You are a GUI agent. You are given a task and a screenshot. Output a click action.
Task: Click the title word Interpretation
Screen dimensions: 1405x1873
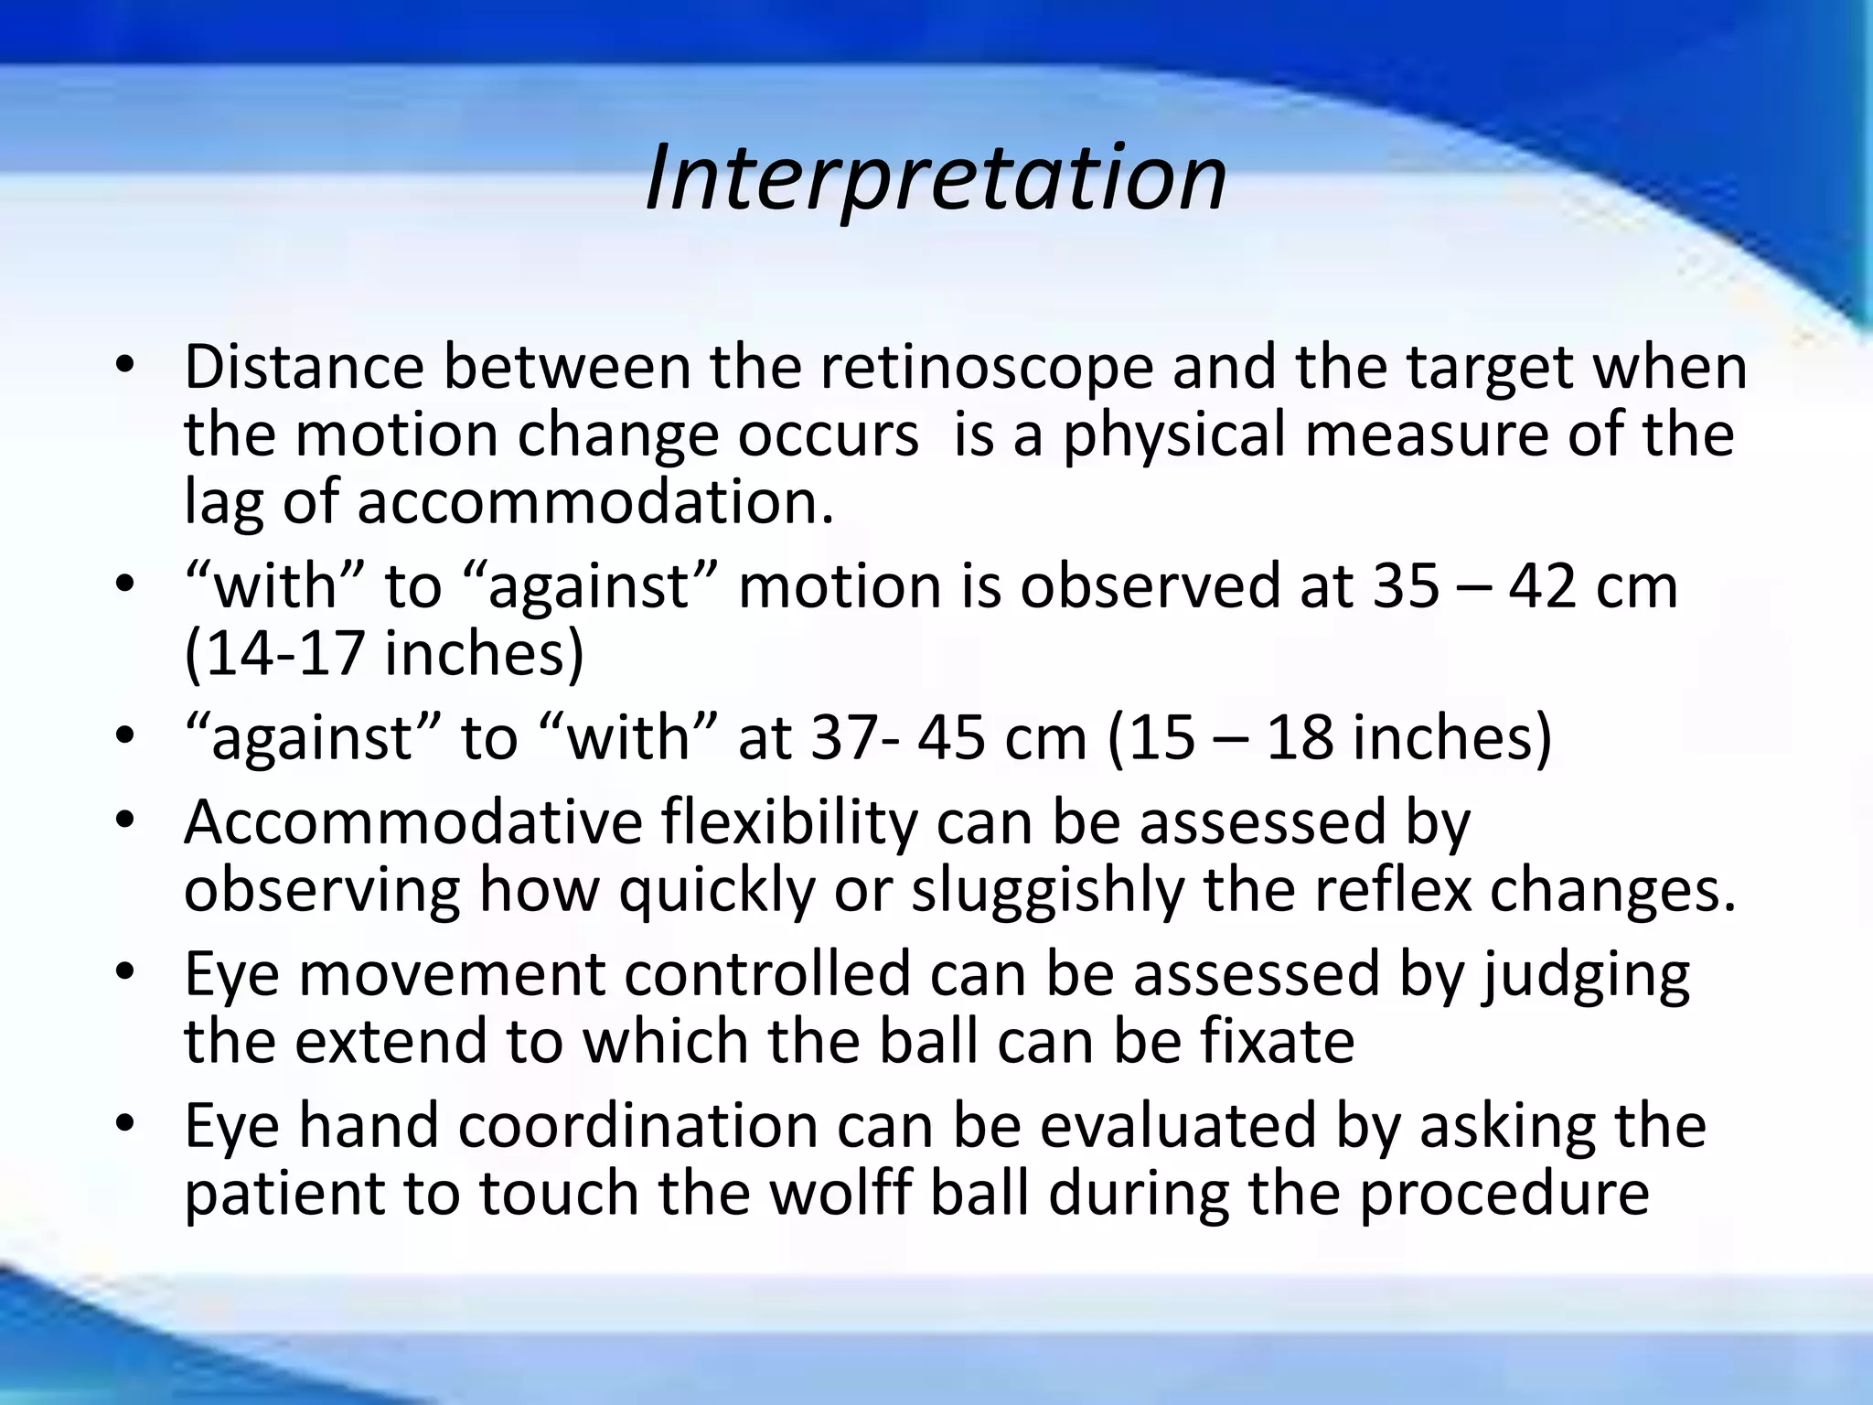point(936,178)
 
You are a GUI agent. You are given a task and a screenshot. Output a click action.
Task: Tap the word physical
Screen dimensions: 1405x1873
point(1174,435)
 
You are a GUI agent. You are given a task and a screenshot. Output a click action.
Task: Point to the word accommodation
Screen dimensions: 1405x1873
point(594,502)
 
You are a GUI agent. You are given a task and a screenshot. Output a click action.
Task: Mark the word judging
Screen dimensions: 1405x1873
point(1586,973)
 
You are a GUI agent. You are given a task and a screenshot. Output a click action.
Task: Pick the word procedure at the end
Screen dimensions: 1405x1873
point(1504,1193)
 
